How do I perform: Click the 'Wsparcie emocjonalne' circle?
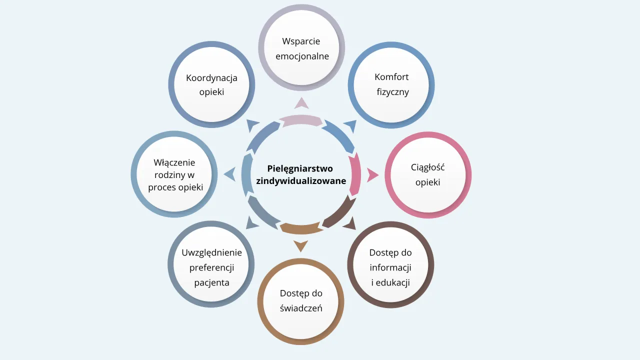pyautogui.click(x=301, y=48)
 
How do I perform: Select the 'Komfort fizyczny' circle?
pyautogui.click(x=391, y=84)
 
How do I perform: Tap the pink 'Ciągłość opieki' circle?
pyautogui.click(x=428, y=175)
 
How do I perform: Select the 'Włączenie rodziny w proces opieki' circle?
pyautogui.click(x=174, y=174)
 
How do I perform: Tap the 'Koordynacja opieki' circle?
pyautogui.click(x=211, y=84)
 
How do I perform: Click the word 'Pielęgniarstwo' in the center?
pyautogui.click(x=300, y=168)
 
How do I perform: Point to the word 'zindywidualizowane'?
pyautogui.click(x=301, y=181)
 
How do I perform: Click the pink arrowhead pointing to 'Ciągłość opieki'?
pyautogui.click(x=372, y=175)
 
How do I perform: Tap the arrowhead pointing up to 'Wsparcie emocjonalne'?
pyautogui.click(x=301, y=103)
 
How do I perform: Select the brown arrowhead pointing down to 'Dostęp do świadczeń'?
pyautogui.click(x=301, y=246)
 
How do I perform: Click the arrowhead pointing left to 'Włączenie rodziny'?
pyautogui.click(x=230, y=174)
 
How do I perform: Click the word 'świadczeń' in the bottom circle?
pyautogui.click(x=301, y=308)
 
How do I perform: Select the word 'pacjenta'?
pyautogui.click(x=212, y=282)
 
